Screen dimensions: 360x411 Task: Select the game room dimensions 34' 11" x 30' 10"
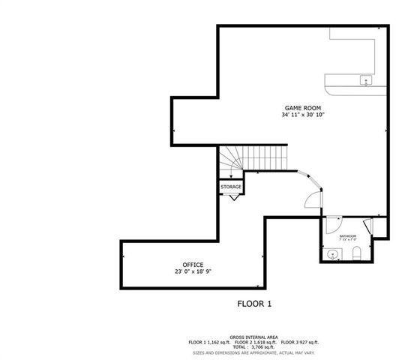tap(303, 115)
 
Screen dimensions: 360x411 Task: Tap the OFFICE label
tap(193, 265)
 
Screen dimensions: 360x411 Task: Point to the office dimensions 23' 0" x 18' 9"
tap(193, 272)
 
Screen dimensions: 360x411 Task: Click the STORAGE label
tap(231, 187)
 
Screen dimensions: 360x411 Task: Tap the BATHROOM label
tap(347, 235)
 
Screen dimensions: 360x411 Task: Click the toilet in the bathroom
tap(358, 252)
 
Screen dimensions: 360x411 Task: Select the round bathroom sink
tap(332, 254)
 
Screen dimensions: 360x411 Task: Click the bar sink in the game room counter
tap(365, 79)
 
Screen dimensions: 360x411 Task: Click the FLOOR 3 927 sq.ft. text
tap(296, 342)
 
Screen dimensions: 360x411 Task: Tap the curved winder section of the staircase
tap(230, 160)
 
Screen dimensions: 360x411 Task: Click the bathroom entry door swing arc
tap(333, 223)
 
